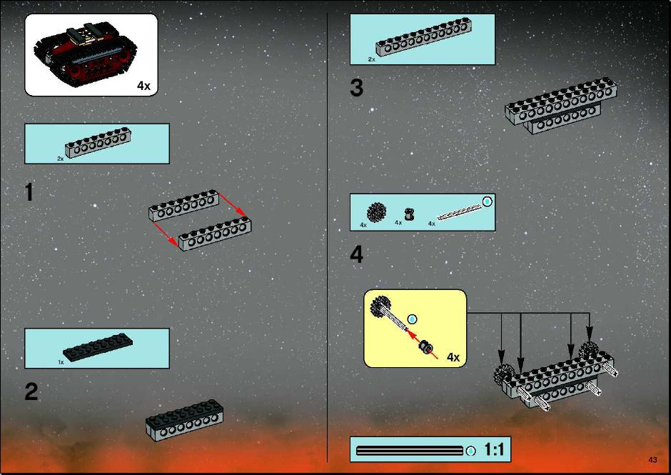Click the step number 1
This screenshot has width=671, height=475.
[29, 192]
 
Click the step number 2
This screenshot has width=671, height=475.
[31, 391]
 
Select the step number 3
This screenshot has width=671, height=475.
[356, 88]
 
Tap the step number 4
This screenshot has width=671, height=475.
[356, 254]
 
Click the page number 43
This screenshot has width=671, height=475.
[652, 460]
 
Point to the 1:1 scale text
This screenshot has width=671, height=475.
[494, 449]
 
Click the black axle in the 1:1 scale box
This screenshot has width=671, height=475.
[410, 451]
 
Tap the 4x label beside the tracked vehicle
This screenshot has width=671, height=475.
[143, 86]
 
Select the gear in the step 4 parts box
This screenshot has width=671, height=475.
[376, 212]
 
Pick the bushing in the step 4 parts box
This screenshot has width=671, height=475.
[409, 214]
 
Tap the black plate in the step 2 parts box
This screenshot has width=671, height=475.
[98, 347]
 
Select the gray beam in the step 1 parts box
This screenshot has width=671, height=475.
[98, 143]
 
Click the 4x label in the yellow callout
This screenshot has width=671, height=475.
[453, 356]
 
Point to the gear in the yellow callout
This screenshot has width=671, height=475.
[380, 306]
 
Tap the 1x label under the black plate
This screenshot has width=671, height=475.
[61, 362]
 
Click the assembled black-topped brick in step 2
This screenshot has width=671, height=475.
[184, 420]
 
